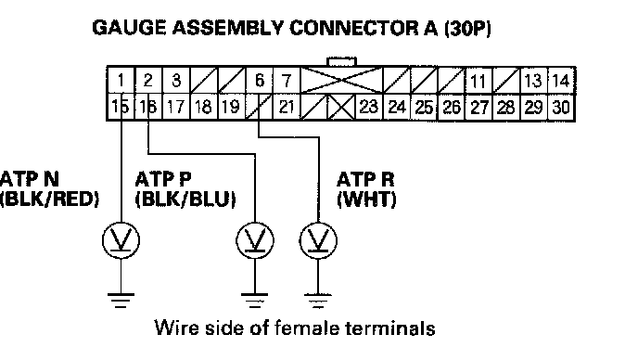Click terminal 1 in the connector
(121, 80)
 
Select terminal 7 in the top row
(287, 80)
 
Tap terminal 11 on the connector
(478, 81)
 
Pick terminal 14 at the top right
(561, 81)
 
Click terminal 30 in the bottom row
(561, 107)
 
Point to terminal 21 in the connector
(287, 107)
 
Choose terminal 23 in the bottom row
(369, 107)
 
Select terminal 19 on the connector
(231, 107)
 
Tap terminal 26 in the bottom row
(451, 108)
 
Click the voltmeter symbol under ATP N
(121, 240)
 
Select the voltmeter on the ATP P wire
(255, 240)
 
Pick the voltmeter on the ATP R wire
(318, 240)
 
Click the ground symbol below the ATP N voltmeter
(121, 301)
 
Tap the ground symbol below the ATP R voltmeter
(318, 301)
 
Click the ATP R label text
(365, 179)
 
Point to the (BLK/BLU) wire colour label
(185, 199)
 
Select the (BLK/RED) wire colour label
(50, 199)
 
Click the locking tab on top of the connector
(342, 62)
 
